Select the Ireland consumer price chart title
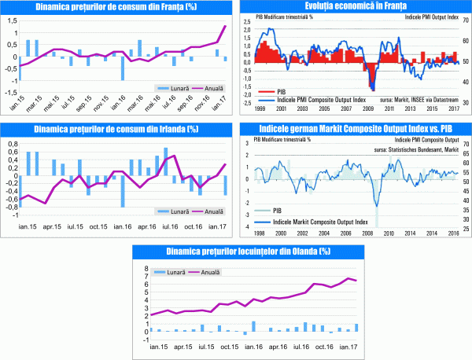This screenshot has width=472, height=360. (116, 129)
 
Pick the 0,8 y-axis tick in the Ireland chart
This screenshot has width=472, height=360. (11, 143)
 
